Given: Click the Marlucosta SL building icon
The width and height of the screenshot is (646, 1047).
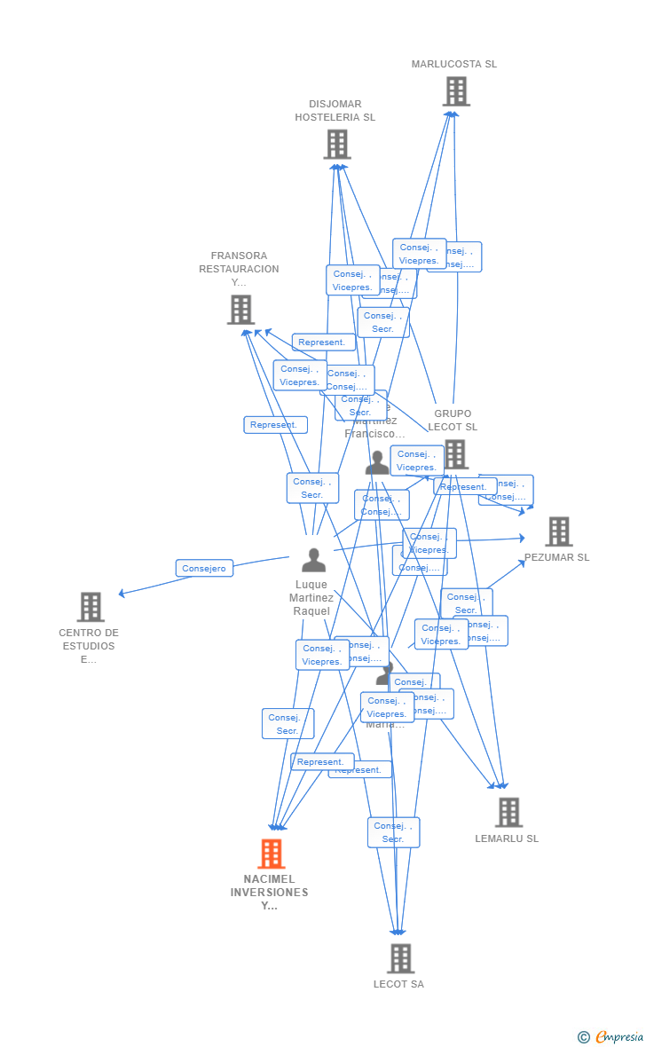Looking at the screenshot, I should tap(455, 91).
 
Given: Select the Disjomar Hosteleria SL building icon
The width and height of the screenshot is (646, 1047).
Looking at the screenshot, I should tap(337, 145).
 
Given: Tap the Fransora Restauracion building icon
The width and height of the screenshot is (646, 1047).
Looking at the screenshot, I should tap(240, 310).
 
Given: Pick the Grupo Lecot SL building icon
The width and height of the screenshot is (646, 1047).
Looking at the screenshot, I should tap(455, 454).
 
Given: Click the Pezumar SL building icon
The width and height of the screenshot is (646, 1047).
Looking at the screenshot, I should tap(558, 531).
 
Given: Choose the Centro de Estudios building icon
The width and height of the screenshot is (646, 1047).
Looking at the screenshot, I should tap(91, 607).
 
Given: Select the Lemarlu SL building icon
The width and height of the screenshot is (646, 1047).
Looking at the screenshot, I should tap(508, 812).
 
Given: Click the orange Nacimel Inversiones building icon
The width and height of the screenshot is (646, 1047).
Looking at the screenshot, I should tap(271, 854).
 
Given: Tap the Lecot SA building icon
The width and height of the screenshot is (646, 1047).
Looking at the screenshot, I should tap(400, 958).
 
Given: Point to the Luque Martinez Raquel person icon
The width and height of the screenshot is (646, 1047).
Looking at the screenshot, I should tap(313, 560).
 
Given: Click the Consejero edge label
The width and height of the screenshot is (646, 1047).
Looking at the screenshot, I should tap(204, 568).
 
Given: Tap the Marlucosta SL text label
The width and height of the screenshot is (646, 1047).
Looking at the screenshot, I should tap(454, 64).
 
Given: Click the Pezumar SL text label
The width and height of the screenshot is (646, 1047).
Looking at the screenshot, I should tap(556, 557).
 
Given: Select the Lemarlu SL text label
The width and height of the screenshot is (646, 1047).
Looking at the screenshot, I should tap(507, 838).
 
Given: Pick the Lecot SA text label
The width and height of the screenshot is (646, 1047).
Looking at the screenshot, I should tap(398, 984).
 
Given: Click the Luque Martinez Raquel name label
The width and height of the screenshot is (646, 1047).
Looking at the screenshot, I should tap(311, 598).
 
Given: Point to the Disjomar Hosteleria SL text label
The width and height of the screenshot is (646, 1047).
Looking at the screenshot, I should tap(335, 110).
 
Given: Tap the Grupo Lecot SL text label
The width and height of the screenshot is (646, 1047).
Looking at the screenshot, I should tap(453, 420).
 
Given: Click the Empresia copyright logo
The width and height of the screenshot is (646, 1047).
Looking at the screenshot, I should tap(611, 1036).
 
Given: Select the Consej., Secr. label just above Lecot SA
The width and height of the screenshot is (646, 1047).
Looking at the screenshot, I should tap(393, 832).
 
